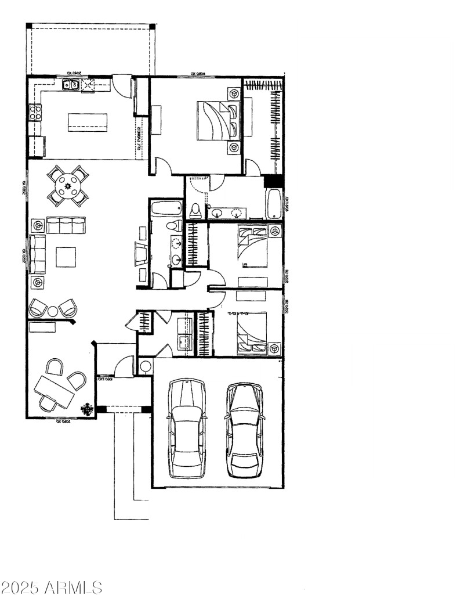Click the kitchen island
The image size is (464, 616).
pos(88,122)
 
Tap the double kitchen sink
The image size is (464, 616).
pos(71,85)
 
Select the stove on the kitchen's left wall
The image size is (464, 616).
pos(35,112)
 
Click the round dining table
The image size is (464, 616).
pos(68,186)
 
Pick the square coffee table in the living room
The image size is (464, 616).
pos(66,257)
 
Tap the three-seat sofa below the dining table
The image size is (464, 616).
pos(66,225)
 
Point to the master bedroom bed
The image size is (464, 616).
pos(218,121)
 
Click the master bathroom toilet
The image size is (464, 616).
pos(195,210)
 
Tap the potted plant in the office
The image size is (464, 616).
pos(88,409)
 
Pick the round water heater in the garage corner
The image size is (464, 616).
pos(146,366)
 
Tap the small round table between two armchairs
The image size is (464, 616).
pos(53,311)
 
